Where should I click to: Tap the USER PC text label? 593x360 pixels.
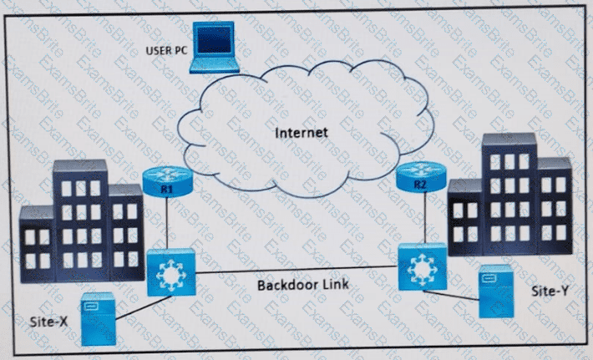[166, 49]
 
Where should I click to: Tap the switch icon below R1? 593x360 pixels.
[171, 271]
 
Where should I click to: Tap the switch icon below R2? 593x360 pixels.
[423, 266]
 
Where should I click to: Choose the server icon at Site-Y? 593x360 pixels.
[494, 292]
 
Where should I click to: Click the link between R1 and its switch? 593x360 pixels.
[169, 224]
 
